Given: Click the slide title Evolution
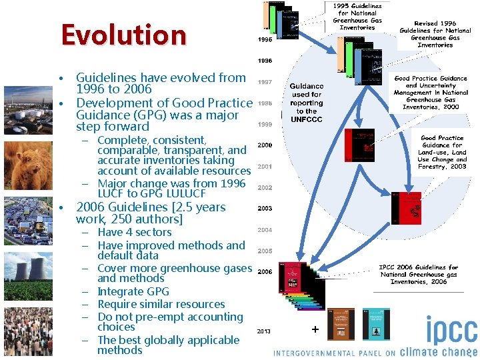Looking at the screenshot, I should click(123, 35).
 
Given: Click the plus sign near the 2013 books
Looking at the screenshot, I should click(315, 329).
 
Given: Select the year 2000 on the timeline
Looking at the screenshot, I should click(265, 145).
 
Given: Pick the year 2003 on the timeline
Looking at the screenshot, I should click(265, 209).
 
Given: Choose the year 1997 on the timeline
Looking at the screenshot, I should click(265, 81).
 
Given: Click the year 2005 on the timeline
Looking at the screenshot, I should click(265, 251).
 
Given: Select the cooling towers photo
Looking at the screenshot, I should click(27, 274).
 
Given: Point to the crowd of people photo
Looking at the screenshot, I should click(27, 326).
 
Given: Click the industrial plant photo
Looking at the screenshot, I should click(27, 110).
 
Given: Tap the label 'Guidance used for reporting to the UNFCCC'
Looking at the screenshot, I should click(307, 103).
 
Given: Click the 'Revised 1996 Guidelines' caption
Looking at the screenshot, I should click(435, 34).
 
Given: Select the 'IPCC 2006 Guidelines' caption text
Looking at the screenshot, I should click(419, 275).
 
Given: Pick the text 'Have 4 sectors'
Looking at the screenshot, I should click(134, 233).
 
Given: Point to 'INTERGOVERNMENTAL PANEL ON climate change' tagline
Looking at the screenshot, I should click(375, 353).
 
